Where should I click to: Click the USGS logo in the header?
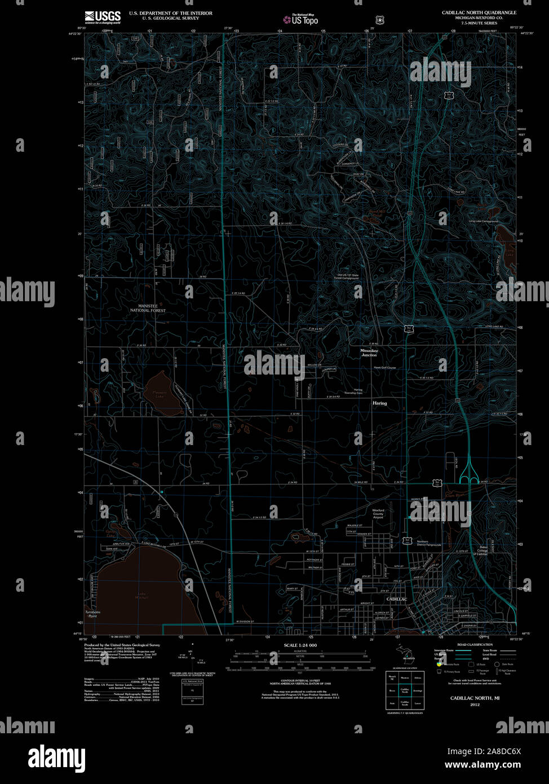click(x=103, y=16)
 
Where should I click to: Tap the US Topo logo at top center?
click(x=300, y=20)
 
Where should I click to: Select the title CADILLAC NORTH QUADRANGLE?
click(x=479, y=12)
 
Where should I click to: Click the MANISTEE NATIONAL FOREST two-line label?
click(x=148, y=308)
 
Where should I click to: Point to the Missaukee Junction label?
click(x=369, y=353)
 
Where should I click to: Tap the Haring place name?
click(x=379, y=403)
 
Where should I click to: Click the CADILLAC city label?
click(x=396, y=598)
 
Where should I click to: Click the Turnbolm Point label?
click(x=92, y=614)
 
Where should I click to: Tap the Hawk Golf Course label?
click(x=385, y=367)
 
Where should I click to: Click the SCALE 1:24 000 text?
click(x=300, y=645)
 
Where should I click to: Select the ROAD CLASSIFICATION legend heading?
click(x=475, y=645)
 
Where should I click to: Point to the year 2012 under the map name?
click(x=475, y=704)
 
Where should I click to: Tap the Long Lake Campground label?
click(x=483, y=221)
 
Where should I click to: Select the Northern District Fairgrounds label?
click(x=429, y=543)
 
